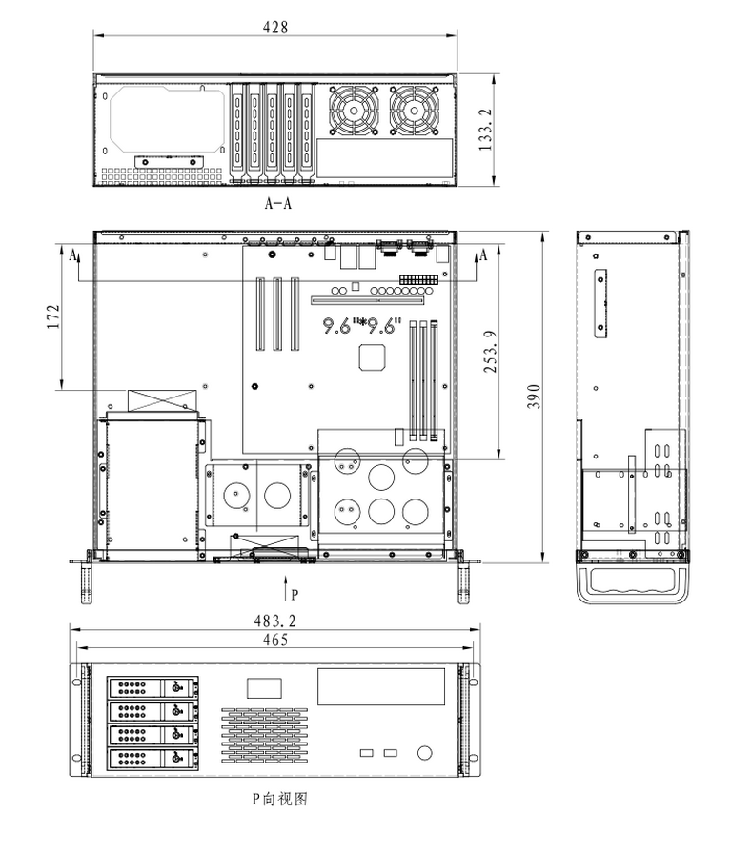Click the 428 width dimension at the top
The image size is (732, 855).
pos(274,28)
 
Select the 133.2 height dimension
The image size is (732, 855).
pos(486,130)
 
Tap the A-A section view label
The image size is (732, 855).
pos(278,203)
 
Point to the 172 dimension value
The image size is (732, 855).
pos(52,316)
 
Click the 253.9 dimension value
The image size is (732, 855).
pos(489,353)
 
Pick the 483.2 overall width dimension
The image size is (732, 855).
pos(274,620)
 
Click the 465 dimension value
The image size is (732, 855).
pos(274,640)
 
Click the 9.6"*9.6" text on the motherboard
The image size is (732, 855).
pos(361,326)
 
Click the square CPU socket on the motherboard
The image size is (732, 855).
pos(372,357)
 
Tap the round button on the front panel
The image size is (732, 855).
pos(425,754)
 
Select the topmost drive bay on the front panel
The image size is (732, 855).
pos(153,687)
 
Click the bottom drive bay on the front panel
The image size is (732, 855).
pos(153,759)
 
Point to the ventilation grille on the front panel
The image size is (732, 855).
pos(266,733)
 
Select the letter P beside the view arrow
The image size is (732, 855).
pos(295,595)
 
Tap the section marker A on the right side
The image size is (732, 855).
pos(483,254)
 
